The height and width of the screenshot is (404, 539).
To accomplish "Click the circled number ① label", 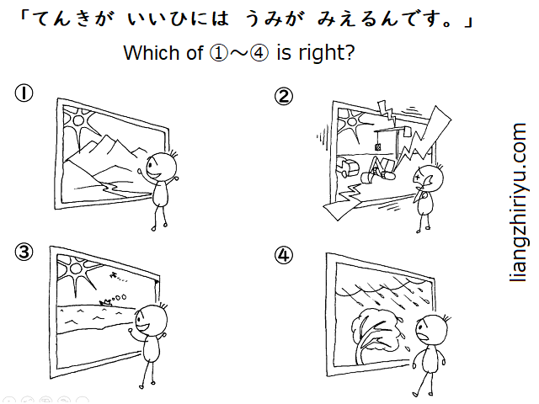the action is coord(24,93).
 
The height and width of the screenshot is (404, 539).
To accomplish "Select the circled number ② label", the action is coord(284,97).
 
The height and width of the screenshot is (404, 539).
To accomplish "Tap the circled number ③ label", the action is coord(24,252).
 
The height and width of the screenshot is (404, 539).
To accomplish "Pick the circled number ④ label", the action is coord(284,256).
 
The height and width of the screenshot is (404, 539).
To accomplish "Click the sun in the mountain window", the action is coord(78,120).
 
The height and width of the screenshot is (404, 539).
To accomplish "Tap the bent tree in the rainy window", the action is coord(374,334).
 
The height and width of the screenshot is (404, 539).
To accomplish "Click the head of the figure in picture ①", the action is coord(162,167).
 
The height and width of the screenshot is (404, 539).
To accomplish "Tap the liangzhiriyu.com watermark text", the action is coord(518,203).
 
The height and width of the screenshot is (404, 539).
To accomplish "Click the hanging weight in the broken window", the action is coord(378,147).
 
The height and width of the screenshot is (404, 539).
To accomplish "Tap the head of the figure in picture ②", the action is coord(428,179).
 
